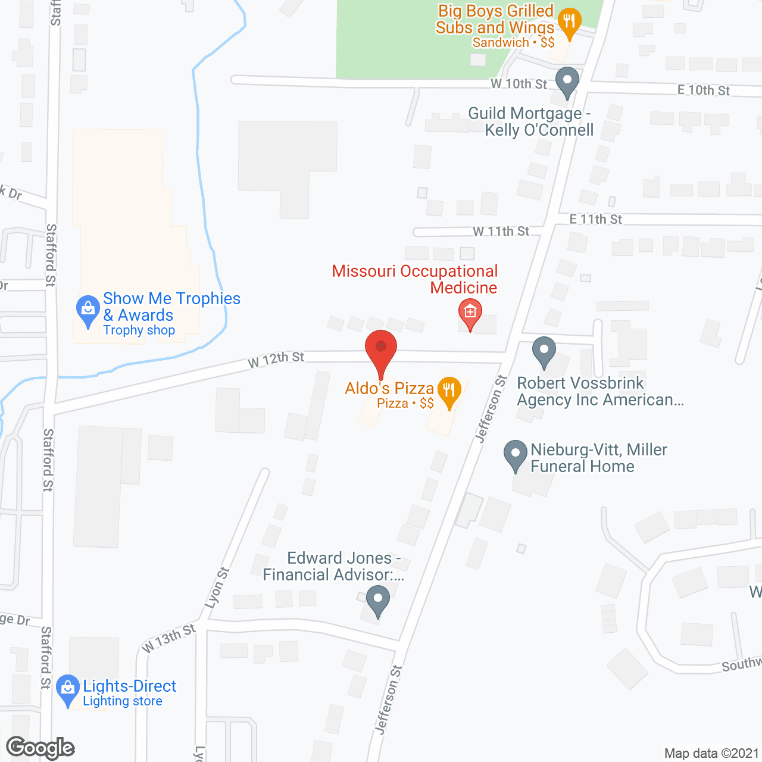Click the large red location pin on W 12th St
(381, 348)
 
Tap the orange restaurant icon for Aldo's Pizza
(449, 391)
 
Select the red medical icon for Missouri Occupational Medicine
(470, 312)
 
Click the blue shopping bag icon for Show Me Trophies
(88, 310)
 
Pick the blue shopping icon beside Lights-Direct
(68, 689)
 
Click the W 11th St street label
(501, 231)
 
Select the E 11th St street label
(595, 219)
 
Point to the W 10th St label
(519, 84)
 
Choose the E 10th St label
(703, 90)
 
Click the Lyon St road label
(217, 588)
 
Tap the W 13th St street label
(169, 638)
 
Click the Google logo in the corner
(40, 748)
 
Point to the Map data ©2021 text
(711, 753)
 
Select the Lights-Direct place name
(129, 686)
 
